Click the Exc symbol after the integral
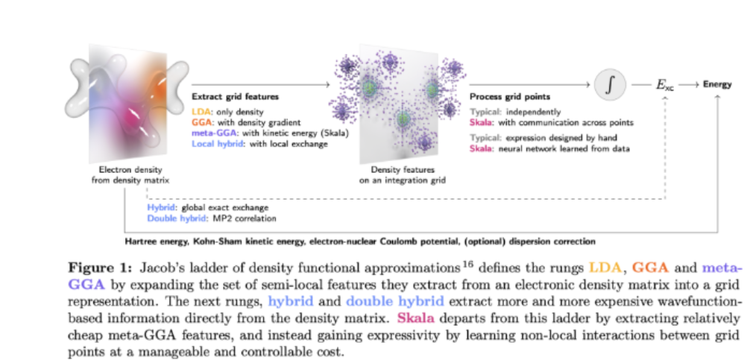(664, 86)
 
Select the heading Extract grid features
(236, 98)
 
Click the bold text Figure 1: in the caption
(97, 267)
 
